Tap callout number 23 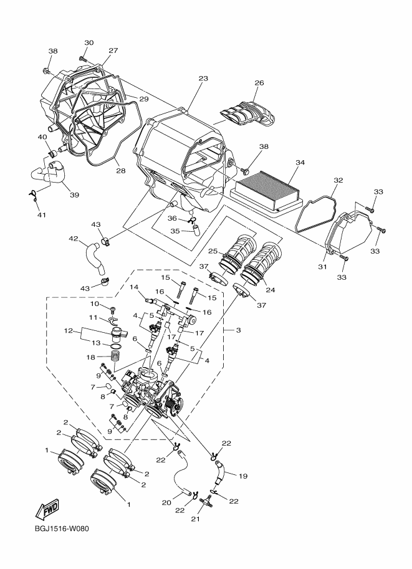coord(203,79)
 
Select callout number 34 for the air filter coord(300,163)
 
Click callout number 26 coord(259,82)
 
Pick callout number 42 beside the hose coord(73,238)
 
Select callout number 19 coord(242,476)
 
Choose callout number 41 coord(42,215)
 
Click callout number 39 coord(74,195)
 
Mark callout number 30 coord(89,43)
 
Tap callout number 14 coord(133,287)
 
